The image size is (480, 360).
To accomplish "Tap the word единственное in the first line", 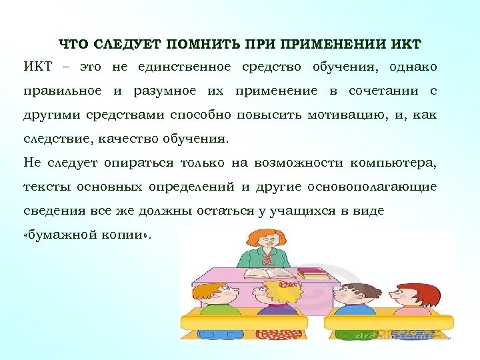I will [x=185, y=67].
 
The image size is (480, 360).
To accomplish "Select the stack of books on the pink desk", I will [x=312, y=273].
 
